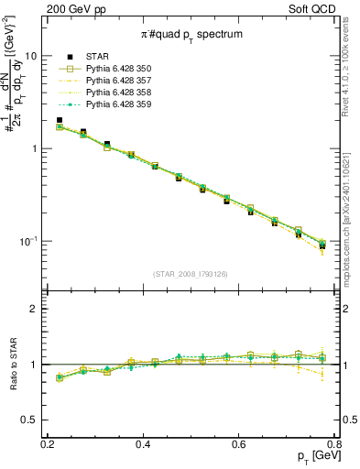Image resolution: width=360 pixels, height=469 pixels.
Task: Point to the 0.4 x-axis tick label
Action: pyautogui.click(x=143, y=444)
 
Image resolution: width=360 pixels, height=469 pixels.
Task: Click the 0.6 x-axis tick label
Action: pyautogui.click(x=239, y=444)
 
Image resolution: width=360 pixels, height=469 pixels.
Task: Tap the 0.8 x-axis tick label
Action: pyautogui.click(x=334, y=444)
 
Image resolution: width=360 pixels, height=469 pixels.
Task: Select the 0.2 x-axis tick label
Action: pyautogui.click(x=48, y=444)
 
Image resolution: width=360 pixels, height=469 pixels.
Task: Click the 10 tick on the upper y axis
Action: pyautogui.click(x=31, y=56)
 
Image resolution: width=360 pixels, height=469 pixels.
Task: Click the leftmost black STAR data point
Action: pyautogui.click(x=60, y=120)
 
